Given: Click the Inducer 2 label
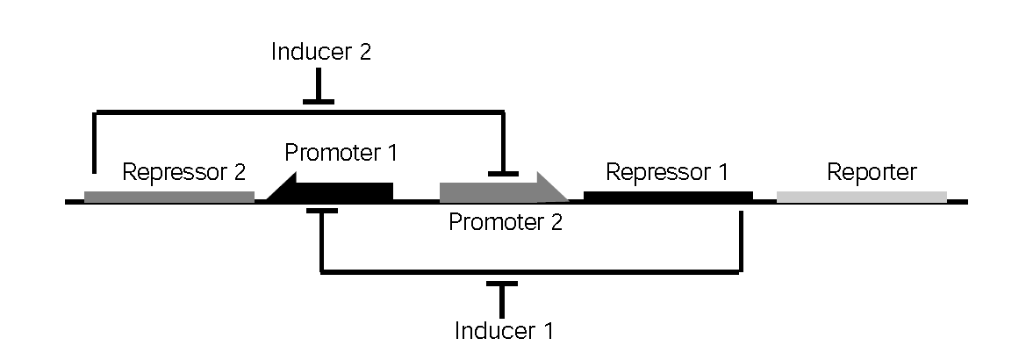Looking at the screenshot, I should point(321,52).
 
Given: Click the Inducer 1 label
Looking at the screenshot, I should point(505,331).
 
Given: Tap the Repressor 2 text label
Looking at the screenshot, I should point(183,171).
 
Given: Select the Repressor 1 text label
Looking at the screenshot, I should point(667,171).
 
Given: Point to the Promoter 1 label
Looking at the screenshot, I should point(341,153).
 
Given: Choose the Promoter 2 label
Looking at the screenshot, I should point(505,222).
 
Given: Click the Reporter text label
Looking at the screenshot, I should point(872,171).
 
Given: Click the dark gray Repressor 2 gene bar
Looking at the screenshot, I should point(169,197).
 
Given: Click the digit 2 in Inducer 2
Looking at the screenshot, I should point(362,52).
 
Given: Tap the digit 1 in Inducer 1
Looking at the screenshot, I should point(548,331).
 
